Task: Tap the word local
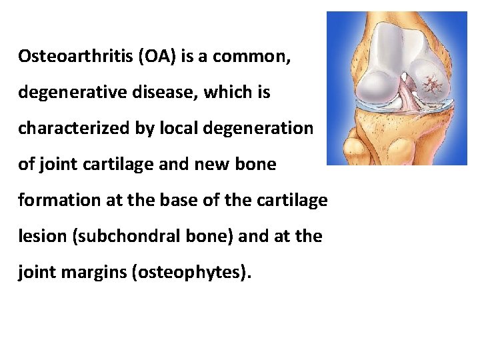coord(180,128)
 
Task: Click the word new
coord(201,164)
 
